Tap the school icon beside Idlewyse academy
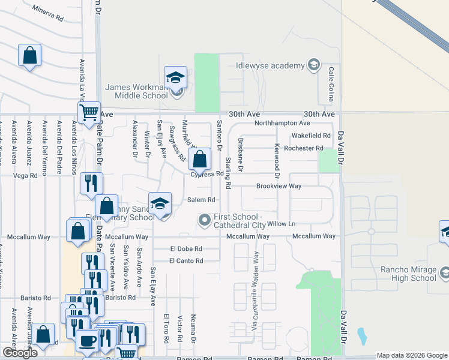[x=313, y=65]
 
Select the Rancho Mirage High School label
[x=408, y=274]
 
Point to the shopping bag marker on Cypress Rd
[x=200, y=160]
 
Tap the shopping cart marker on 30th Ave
[x=89, y=112]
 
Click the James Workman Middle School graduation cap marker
[x=175, y=77]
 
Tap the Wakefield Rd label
[x=311, y=136]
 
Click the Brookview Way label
[x=279, y=187]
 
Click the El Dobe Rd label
[x=186, y=248]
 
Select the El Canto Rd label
[x=186, y=260]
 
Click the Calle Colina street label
[x=331, y=84]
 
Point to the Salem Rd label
[x=201, y=200]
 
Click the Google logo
[x=20, y=353]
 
